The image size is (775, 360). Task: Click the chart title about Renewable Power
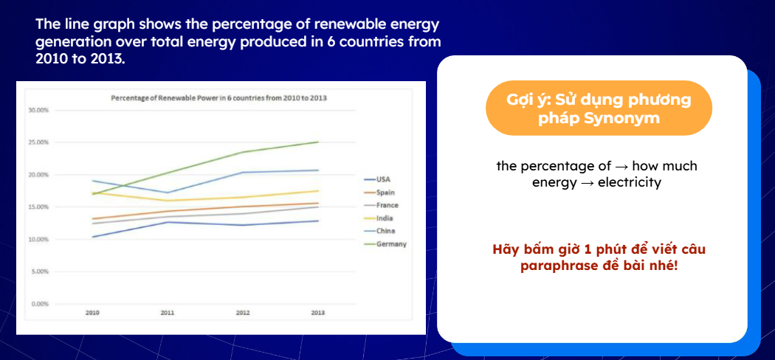click(x=218, y=97)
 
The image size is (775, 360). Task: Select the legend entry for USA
click(x=383, y=179)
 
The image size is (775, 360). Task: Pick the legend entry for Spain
click(x=385, y=192)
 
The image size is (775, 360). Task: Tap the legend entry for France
click(x=387, y=205)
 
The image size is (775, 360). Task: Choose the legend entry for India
click(x=385, y=218)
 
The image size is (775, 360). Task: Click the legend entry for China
click(x=385, y=231)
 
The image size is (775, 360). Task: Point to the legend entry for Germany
click(x=390, y=243)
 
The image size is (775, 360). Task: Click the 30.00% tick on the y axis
click(x=38, y=111)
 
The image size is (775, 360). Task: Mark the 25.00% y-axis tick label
click(x=38, y=142)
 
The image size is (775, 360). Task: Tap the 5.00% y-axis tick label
click(x=39, y=271)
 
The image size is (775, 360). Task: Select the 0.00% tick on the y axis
click(x=39, y=303)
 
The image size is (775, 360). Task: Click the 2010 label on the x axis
click(x=92, y=314)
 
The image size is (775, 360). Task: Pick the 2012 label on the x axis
click(x=243, y=314)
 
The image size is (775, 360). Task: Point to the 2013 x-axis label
click(x=318, y=314)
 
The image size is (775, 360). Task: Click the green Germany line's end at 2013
click(x=318, y=142)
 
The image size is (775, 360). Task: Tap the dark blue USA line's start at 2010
click(x=92, y=237)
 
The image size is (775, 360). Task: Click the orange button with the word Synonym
click(x=599, y=108)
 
